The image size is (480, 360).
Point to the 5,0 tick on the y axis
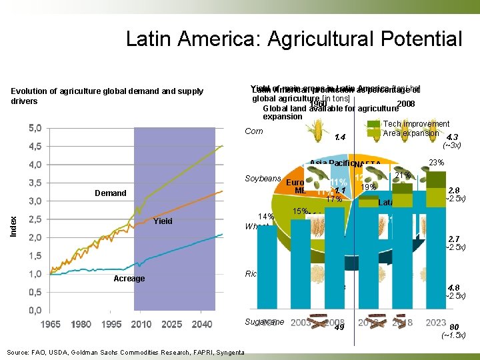[37, 128]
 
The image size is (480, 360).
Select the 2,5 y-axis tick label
[37, 219]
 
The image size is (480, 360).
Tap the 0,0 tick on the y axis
[37, 310]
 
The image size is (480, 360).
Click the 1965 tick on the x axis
[51, 325]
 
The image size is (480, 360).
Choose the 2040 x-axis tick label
[201, 325]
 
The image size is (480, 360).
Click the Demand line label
[111, 193]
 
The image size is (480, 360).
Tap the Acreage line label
[129, 279]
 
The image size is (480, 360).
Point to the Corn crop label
[254, 131]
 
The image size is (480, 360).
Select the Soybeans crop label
[263, 179]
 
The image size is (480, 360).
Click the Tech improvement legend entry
[416, 124]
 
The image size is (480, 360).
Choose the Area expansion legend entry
[411, 133]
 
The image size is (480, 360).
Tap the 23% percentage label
[437, 162]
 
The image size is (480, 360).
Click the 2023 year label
[435, 322]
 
